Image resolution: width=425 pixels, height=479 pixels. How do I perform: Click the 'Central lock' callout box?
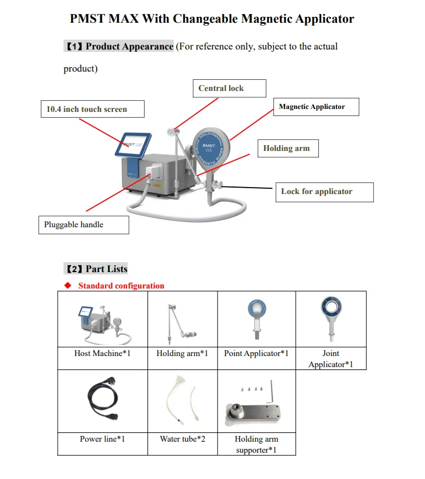click(x=229, y=89)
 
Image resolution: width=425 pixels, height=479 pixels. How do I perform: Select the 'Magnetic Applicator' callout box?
click(x=315, y=107)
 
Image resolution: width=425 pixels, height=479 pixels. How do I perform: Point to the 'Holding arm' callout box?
click(x=288, y=148)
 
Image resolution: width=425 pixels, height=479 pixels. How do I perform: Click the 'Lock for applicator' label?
click(x=324, y=192)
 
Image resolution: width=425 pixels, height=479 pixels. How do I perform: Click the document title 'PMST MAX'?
click(x=212, y=19)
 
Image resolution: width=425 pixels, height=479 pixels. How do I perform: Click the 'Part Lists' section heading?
click(x=96, y=269)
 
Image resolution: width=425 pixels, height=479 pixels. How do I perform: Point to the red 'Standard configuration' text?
click(x=121, y=286)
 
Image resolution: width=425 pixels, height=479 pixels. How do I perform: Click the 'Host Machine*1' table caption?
click(x=102, y=353)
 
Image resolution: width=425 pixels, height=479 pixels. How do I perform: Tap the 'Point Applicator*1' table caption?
click(x=256, y=353)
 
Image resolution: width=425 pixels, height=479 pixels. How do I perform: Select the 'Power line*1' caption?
click(x=102, y=439)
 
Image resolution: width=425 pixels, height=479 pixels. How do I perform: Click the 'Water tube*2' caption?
click(x=182, y=439)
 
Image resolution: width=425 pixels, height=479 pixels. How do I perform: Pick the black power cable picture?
click(x=102, y=401)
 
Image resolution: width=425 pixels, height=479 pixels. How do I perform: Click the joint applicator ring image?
click(x=331, y=318)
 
